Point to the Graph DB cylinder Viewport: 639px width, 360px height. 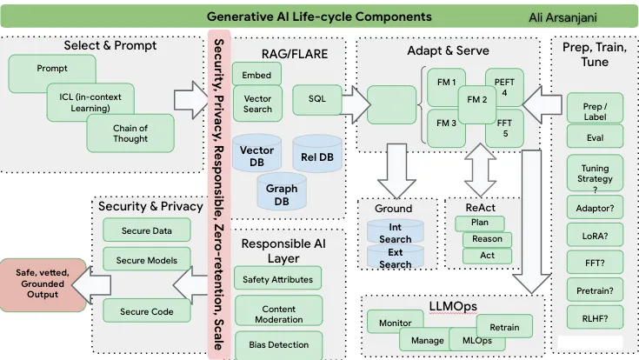coord(281,194)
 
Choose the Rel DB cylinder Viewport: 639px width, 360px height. coord(316,156)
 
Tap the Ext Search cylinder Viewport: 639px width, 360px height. coord(396,258)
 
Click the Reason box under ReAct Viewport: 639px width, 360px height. coord(488,239)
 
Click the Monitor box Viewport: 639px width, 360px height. coord(396,323)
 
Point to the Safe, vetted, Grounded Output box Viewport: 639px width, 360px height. coord(43,282)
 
